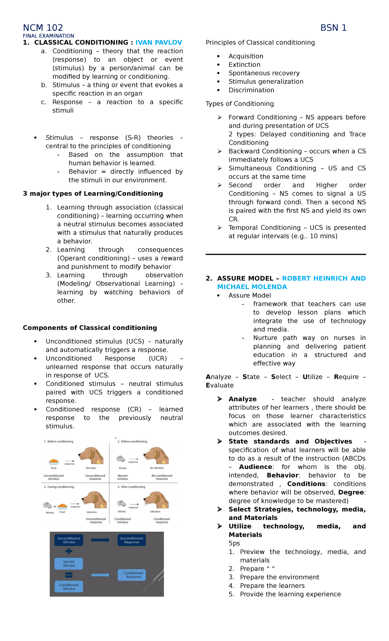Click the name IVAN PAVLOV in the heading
tap(159, 42)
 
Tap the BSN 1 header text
tap(333, 28)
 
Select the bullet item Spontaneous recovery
tap(264, 73)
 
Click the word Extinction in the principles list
tap(244, 65)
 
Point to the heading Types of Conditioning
tap(240, 104)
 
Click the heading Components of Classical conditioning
tap(90, 328)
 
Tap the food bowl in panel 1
tap(53, 461)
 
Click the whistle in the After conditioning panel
tap(122, 503)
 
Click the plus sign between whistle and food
tap(55, 506)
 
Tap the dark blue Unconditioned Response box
tap(131, 540)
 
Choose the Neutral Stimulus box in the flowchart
tap(69, 563)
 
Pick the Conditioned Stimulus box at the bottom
tap(69, 587)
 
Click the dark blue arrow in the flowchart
tap(100, 540)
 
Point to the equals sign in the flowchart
tap(69, 575)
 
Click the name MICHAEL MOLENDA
tap(252, 287)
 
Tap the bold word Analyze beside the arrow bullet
tap(242, 399)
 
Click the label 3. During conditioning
tap(59, 487)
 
